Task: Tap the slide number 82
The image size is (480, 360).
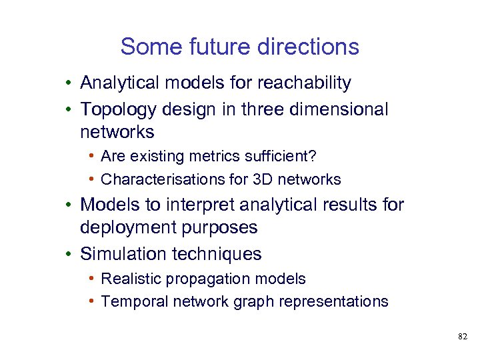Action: coord(463,337)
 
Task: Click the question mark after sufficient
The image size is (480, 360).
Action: coord(315,156)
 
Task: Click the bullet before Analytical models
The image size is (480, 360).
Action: coord(69,83)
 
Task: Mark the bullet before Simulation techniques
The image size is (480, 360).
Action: coord(69,254)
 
